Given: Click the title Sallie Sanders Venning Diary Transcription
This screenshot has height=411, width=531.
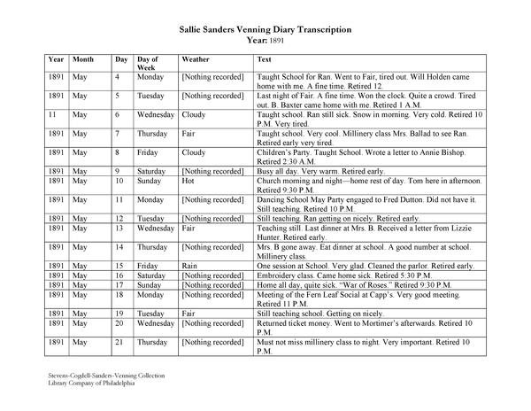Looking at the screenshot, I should coord(265,29).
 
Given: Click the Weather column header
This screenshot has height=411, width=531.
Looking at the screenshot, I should coord(196,59).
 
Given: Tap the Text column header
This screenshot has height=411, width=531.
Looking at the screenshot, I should coord(264,59).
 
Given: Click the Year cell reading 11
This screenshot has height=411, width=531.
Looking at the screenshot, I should coord(54,114).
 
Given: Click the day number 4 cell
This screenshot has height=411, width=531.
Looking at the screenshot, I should coord(118,78).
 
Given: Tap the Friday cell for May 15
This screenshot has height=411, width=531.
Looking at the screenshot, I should coord(150,265).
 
